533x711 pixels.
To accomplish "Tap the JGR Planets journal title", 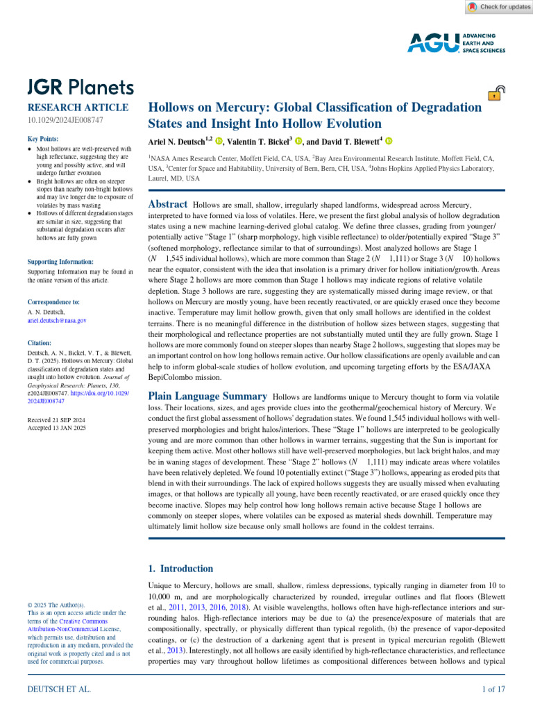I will pyautogui.click(x=80, y=87).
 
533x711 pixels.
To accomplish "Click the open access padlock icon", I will pyautogui.click(x=496, y=94).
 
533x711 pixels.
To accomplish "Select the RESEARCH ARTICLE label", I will pyautogui.click(x=77, y=108).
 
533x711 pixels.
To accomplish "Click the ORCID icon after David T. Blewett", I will pyautogui.click(x=389, y=141).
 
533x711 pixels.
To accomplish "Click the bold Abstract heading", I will pyautogui.click(x=169, y=204).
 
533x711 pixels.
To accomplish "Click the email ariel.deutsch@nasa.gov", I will pyautogui.click(x=57, y=321).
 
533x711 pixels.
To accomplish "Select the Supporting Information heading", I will pyautogui.click(x=60, y=262).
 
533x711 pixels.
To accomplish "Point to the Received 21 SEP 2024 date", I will pyautogui.click(x=56, y=421).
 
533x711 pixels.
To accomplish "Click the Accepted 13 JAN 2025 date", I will pyautogui.click(x=56, y=429).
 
